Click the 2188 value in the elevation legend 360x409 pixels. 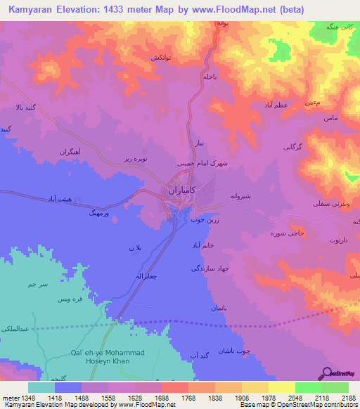(349, 397)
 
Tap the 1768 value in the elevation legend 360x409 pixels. (189, 397)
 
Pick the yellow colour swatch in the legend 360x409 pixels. (281, 387)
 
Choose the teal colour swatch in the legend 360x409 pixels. (41, 387)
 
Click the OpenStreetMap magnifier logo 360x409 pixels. (327, 372)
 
